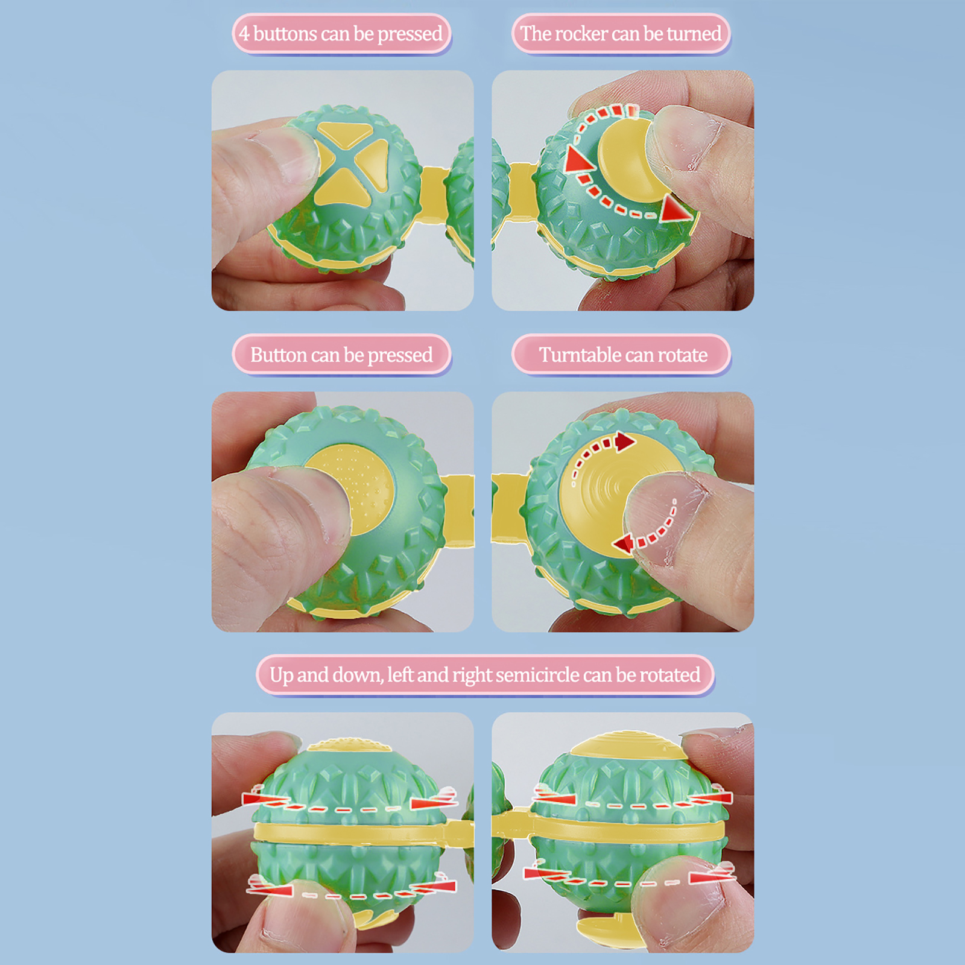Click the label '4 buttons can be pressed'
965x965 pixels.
(x=341, y=34)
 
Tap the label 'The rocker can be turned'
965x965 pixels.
(x=621, y=34)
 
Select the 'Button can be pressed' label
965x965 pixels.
(x=341, y=355)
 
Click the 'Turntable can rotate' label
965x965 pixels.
(x=623, y=355)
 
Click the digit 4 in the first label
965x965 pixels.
(x=244, y=33)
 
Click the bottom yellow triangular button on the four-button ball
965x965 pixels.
(x=346, y=187)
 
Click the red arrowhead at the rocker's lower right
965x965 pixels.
(x=675, y=209)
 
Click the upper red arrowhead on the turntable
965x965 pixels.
(x=625, y=441)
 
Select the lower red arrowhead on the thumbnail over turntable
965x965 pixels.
(x=624, y=543)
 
